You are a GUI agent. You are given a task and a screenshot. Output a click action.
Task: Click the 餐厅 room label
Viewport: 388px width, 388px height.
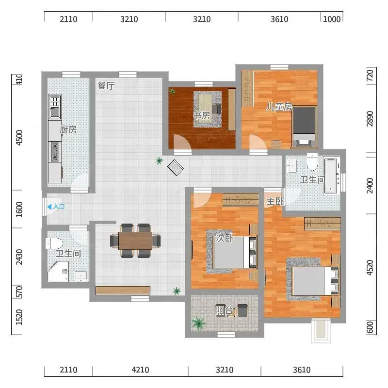click(106, 86)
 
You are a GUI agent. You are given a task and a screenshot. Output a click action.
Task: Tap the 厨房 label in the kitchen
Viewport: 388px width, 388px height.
click(68, 129)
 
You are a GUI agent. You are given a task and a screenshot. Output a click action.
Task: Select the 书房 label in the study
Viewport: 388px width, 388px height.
click(202, 115)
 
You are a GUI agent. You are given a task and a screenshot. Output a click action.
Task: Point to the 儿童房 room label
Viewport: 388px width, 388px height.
click(279, 107)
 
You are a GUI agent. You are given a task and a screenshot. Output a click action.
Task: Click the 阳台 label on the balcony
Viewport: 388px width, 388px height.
click(224, 310)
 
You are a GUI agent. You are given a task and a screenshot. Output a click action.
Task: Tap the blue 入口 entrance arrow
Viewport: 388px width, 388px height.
click(49, 207)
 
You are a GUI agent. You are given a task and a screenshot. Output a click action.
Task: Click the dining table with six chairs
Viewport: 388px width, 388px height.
click(135, 241)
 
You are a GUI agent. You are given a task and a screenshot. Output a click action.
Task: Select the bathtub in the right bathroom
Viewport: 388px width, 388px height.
click(331, 176)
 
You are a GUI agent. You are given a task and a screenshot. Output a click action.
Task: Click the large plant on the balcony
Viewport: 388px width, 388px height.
click(198, 323)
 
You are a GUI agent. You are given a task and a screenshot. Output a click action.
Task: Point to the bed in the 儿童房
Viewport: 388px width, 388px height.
click(304, 127)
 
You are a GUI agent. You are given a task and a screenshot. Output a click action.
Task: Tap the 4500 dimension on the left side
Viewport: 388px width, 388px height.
click(19, 138)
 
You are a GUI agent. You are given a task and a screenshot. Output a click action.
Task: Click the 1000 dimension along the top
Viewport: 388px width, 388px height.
click(332, 19)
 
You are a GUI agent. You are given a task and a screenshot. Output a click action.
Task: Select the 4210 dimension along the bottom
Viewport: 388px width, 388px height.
click(140, 370)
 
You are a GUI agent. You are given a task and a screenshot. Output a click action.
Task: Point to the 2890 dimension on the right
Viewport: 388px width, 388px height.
click(370, 118)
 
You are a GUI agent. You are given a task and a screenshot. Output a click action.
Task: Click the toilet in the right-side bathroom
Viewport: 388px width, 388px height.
click(312, 162)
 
